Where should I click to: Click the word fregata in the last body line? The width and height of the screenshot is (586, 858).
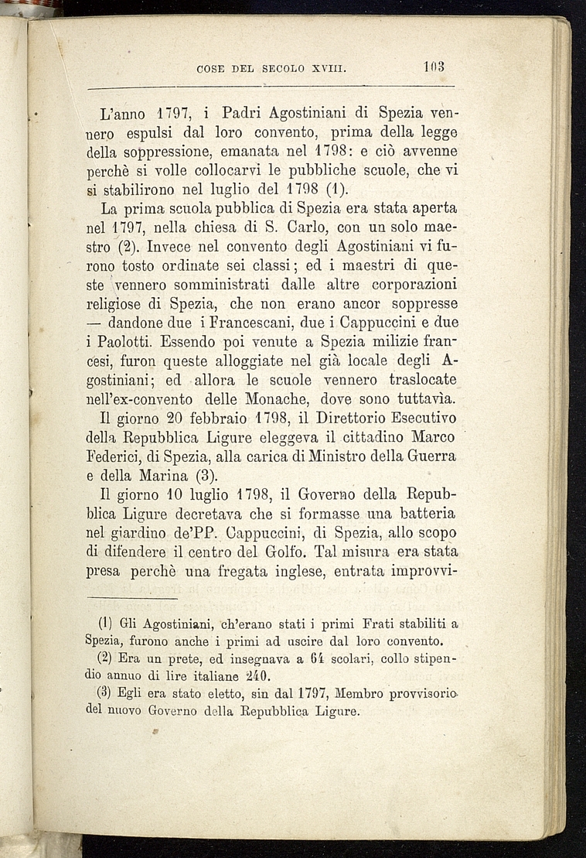pos(278,571)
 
